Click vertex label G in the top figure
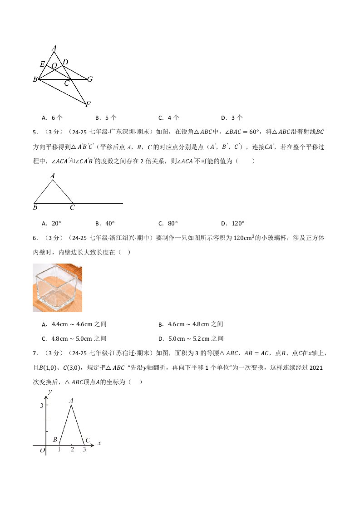90,79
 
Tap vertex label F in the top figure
88,105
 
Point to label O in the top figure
54,66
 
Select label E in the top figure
42,64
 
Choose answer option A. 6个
51,117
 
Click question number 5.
35,132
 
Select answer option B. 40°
105,223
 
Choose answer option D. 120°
233,223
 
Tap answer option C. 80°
168,223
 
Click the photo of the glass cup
57,288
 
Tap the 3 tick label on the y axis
41,405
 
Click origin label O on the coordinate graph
42,450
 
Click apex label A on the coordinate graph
71,401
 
